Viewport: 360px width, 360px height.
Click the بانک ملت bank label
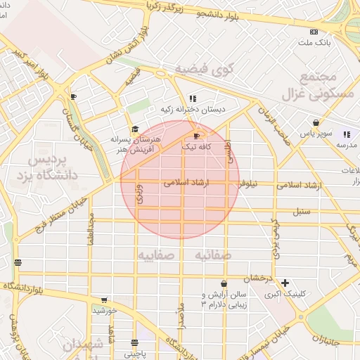314,43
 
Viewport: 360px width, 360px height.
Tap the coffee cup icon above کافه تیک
196,136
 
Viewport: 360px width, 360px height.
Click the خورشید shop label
104,310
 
